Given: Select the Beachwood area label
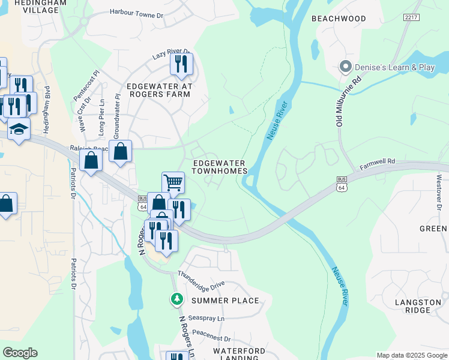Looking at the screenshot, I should pyautogui.click(x=339, y=19).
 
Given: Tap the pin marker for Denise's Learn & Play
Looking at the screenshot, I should pyautogui.click(x=346, y=67).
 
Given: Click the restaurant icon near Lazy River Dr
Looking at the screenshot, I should pyautogui.click(x=181, y=64).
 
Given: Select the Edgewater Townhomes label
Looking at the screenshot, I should pyautogui.click(x=219, y=167).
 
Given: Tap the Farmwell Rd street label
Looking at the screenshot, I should pyautogui.click(x=379, y=161).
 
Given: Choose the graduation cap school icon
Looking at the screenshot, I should pyautogui.click(x=19, y=129).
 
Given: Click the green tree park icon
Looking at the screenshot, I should pyautogui.click(x=176, y=298).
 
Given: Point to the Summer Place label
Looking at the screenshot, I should pyautogui.click(x=225, y=301).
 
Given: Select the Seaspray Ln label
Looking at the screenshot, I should pyautogui.click(x=206, y=317).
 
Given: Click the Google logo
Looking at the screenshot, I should pyautogui.click(x=20, y=353).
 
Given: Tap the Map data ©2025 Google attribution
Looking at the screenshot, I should pyautogui.click(x=411, y=355).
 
